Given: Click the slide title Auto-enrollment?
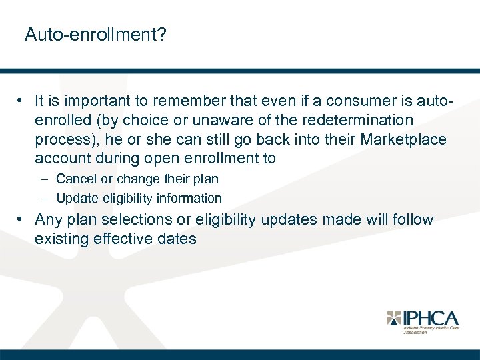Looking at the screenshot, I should pyautogui.click(x=95, y=35).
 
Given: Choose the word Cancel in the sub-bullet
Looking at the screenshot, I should pyautogui.click(x=75, y=179).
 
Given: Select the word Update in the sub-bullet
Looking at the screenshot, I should pyautogui.click(x=75, y=198).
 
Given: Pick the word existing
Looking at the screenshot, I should pyautogui.click(x=59, y=238).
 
